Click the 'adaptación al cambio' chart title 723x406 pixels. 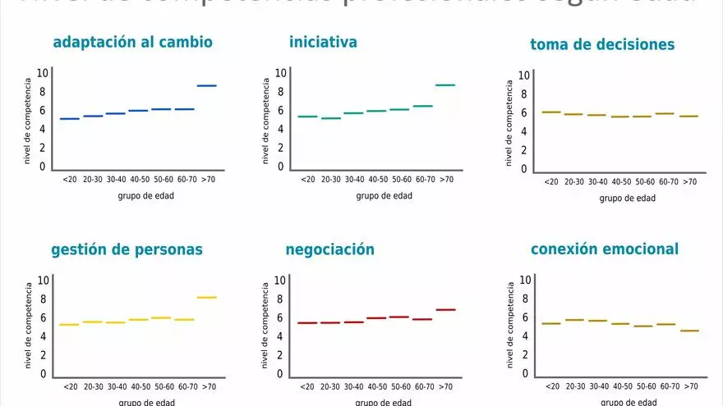coord(132,42)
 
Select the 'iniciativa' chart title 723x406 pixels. coord(323,41)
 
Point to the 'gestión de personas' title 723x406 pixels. coord(127,249)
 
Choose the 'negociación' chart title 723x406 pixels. coord(329,249)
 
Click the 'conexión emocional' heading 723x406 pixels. coord(605,249)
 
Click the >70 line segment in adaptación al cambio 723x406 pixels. coord(206,85)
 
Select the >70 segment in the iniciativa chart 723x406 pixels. coord(444,84)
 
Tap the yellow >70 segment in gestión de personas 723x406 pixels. coord(206,297)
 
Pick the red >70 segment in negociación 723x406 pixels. coord(444,309)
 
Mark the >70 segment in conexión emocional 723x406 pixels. coord(689,331)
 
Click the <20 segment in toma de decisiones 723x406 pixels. coord(551,112)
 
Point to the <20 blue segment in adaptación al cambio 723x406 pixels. coord(70,119)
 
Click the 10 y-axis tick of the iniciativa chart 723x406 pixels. coord(280,72)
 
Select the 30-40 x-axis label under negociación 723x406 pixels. coord(354,387)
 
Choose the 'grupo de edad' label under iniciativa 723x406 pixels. coord(384,196)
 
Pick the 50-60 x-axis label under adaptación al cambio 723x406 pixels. coord(162,179)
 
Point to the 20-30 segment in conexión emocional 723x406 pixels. coord(574,320)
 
